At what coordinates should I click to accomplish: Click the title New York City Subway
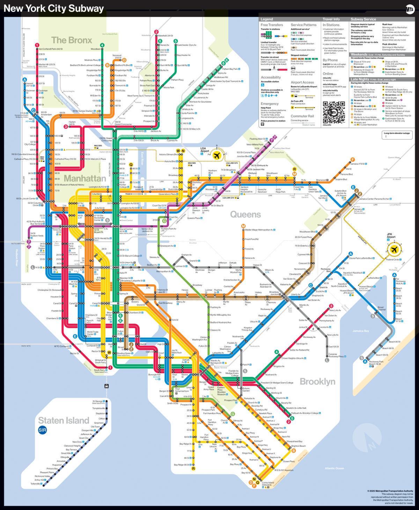pyautogui.click(x=54, y=8)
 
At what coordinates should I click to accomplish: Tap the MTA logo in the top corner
pyautogui.click(x=410, y=9)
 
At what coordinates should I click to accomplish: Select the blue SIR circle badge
pyautogui.click(x=42, y=430)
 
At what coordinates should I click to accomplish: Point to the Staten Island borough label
pyautogui.click(x=64, y=420)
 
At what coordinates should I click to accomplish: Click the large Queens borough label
pyautogui.click(x=245, y=214)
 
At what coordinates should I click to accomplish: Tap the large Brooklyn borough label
pyautogui.click(x=317, y=382)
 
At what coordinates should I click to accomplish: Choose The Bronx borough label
pyautogui.click(x=72, y=40)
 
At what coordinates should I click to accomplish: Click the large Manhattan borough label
pyautogui.click(x=85, y=178)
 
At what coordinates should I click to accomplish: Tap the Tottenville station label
pyautogui.click(x=36, y=484)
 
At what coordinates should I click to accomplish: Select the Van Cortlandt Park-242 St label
pyautogui.click(x=51, y=49)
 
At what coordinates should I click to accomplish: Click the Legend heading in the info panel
pyautogui.click(x=267, y=19)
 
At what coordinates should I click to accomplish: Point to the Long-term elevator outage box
pyautogui.click(x=398, y=135)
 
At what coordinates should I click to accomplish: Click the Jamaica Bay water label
pyautogui.click(x=361, y=331)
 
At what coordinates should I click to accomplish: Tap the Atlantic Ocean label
pyautogui.click(x=334, y=468)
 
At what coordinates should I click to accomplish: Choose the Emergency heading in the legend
pyautogui.click(x=270, y=104)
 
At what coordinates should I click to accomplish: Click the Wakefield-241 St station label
pyautogui.click(x=165, y=36)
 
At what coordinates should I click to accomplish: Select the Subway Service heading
pyautogui.click(x=363, y=19)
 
